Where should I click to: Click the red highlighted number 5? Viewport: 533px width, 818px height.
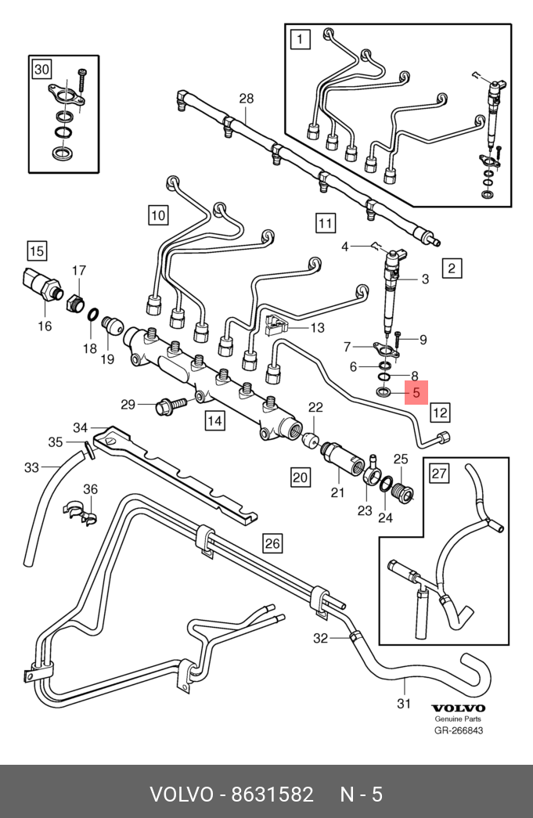[416, 392]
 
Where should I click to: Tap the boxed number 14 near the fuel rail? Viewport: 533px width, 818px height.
[215, 420]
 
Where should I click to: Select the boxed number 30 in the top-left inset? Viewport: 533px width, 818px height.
[41, 69]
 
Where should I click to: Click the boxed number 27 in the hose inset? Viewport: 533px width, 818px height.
[439, 473]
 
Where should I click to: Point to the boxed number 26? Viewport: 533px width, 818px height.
[272, 543]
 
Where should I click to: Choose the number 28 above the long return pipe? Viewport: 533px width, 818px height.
[247, 98]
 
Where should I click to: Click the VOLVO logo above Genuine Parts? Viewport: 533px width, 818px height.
[458, 708]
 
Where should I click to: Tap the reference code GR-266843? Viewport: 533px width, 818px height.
[459, 730]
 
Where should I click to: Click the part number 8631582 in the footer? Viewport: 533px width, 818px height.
[272, 794]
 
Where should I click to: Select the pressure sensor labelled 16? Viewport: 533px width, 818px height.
[41, 283]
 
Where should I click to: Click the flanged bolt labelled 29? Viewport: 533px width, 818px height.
[171, 405]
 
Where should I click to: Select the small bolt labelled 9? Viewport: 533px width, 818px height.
[397, 339]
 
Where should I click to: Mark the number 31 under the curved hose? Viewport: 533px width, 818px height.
[404, 703]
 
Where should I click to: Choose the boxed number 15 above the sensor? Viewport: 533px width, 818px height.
[37, 251]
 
